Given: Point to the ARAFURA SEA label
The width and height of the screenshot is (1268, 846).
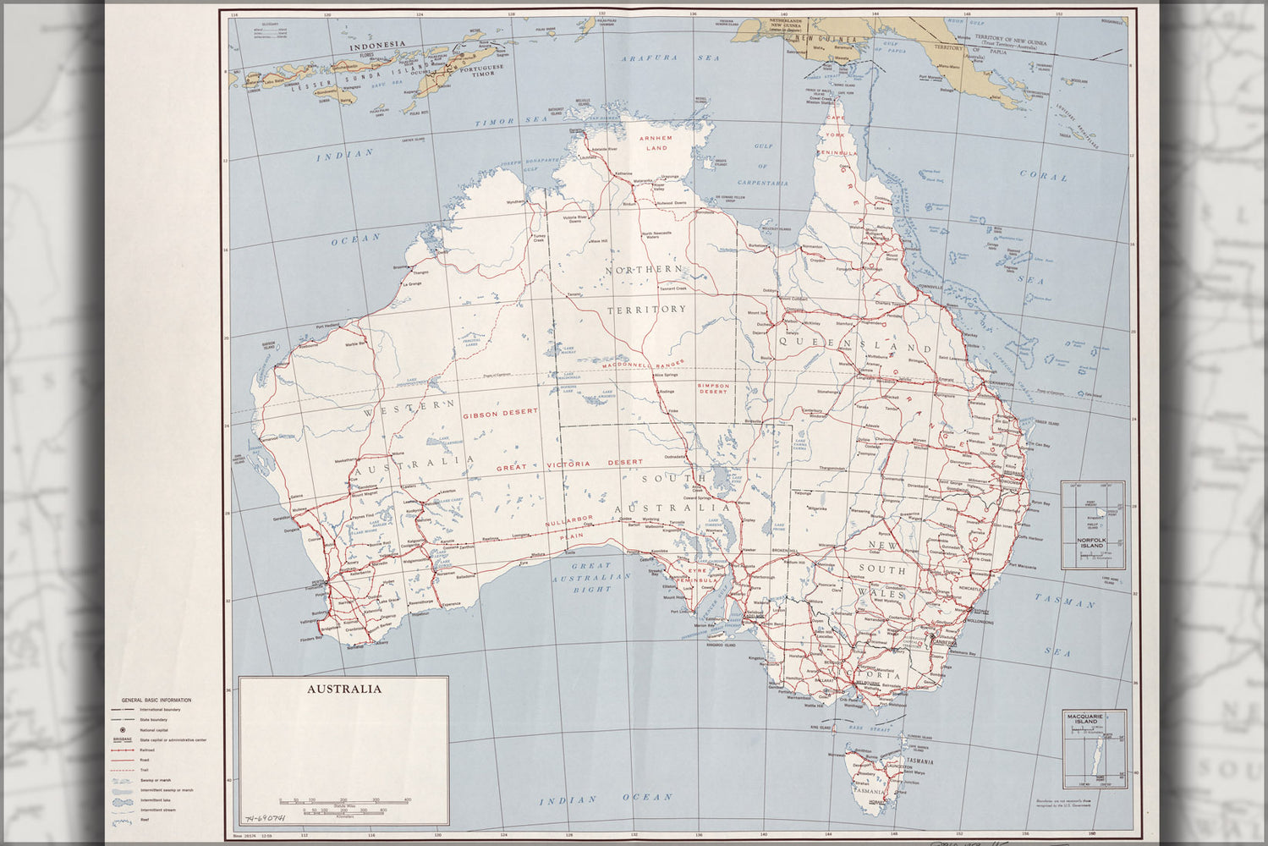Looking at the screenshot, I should [670, 58].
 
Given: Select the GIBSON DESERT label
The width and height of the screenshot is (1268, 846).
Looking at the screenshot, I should [501, 413].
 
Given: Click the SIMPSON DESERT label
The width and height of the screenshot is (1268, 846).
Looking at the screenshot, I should [712, 388].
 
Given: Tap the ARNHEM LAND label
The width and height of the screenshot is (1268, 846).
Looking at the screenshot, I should [654, 142].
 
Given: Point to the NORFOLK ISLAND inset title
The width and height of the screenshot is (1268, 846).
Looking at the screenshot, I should [1092, 542].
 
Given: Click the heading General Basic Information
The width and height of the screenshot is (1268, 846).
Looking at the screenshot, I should [156, 700].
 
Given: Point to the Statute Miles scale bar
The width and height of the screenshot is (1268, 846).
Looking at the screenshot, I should [343, 799].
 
